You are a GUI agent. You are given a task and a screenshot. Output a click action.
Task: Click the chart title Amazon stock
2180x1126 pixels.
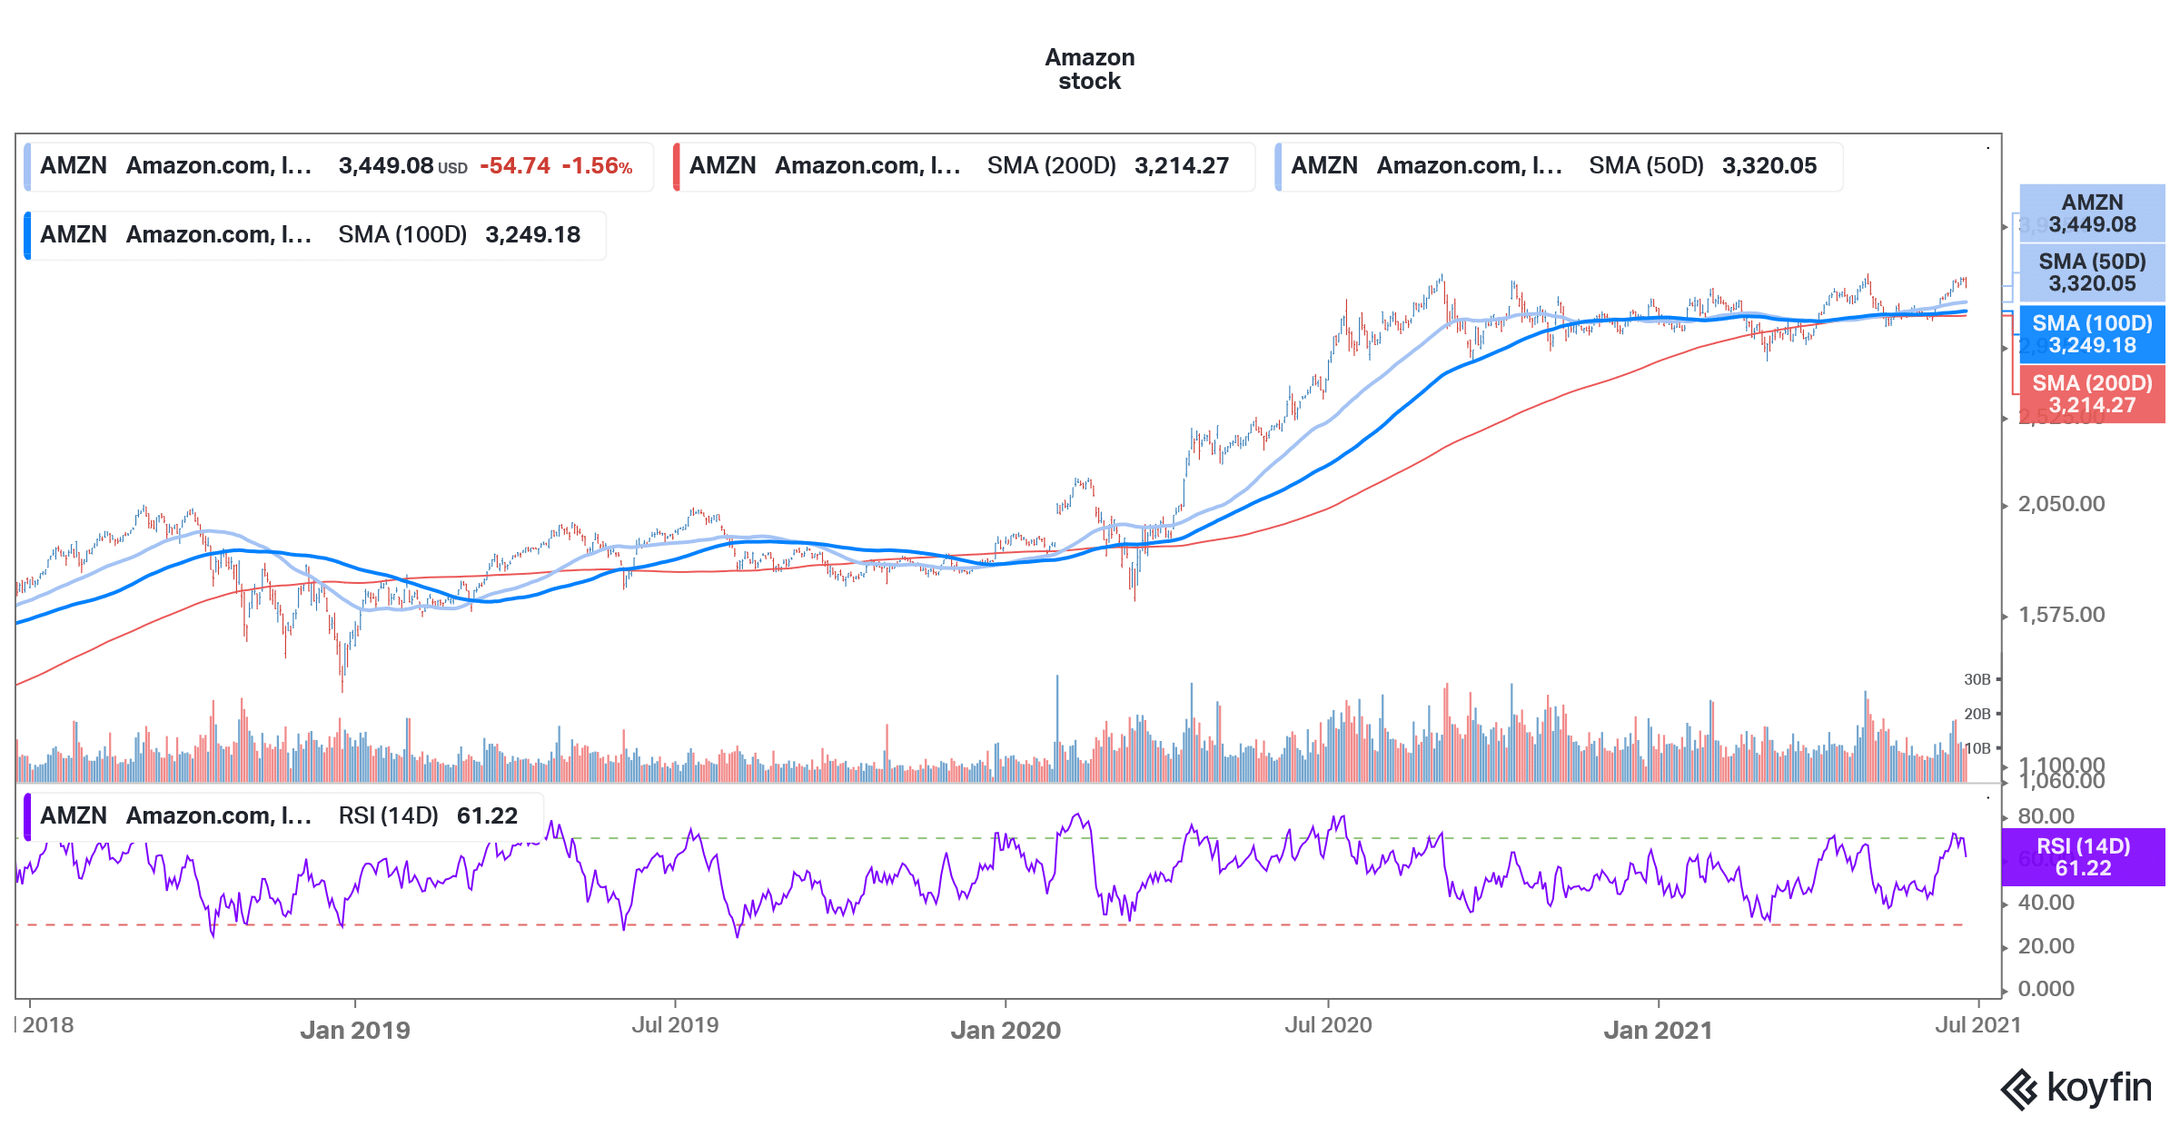click(1089, 69)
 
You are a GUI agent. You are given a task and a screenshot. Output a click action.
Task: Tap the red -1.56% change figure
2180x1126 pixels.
click(597, 166)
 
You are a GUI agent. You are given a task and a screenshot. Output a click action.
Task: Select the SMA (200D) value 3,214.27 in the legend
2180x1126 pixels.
click(1181, 166)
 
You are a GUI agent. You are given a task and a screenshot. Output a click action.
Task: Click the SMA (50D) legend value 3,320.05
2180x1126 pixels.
click(1769, 166)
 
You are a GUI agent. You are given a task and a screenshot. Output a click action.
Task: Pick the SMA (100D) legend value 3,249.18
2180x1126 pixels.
click(532, 235)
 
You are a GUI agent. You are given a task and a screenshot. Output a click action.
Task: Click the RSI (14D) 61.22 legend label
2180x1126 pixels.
click(427, 815)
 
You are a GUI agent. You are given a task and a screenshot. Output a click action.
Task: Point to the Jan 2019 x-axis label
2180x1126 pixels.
click(355, 1030)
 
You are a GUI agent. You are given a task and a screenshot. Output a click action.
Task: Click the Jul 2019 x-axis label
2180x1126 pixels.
click(675, 1025)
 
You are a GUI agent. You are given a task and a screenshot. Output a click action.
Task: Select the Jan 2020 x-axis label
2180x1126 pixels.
click(1006, 1030)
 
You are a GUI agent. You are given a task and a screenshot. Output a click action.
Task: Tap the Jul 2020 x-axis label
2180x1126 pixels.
click(1328, 1025)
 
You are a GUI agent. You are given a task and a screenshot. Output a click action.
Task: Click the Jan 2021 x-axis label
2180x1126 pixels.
click(1658, 1030)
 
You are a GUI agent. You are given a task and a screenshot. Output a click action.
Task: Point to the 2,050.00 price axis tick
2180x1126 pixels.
click(2061, 504)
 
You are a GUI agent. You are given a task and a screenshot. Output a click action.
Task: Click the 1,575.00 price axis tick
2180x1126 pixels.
click(2061, 615)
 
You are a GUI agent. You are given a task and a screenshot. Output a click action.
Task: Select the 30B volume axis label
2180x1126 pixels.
click(1977, 679)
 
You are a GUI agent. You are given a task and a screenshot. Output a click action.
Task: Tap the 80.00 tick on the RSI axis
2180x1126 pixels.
click(2046, 815)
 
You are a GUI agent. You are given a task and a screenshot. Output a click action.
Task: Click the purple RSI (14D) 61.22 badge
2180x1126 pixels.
click(2083, 857)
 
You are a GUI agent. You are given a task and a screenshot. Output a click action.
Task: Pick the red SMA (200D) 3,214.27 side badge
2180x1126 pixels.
click(2092, 394)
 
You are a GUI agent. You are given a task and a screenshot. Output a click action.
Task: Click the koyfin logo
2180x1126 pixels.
click(2076, 1088)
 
